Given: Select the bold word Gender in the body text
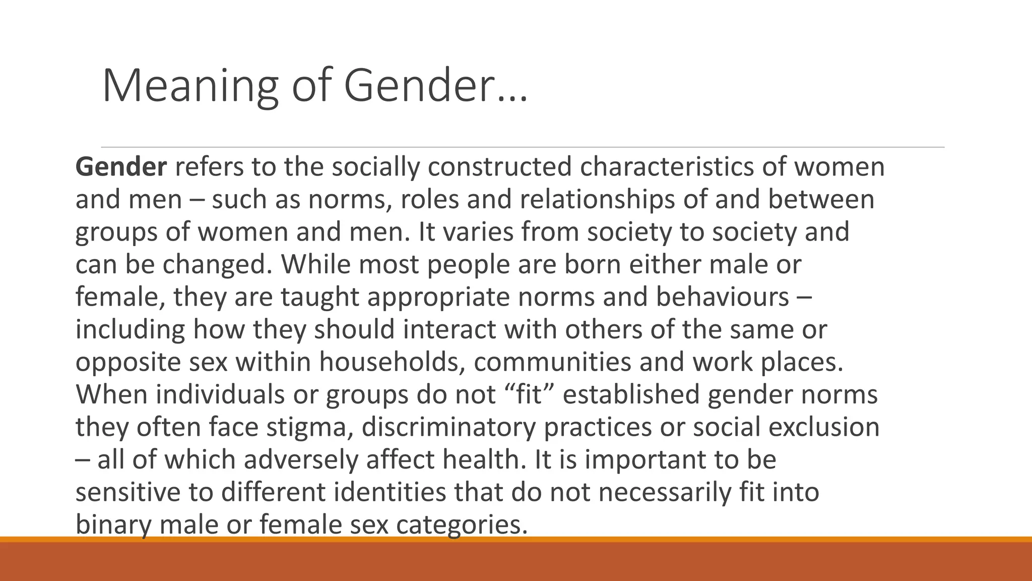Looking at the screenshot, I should [x=120, y=167].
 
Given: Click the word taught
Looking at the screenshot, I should [x=319, y=297].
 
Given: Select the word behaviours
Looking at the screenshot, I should [x=723, y=297].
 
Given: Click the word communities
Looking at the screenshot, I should [x=552, y=362].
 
